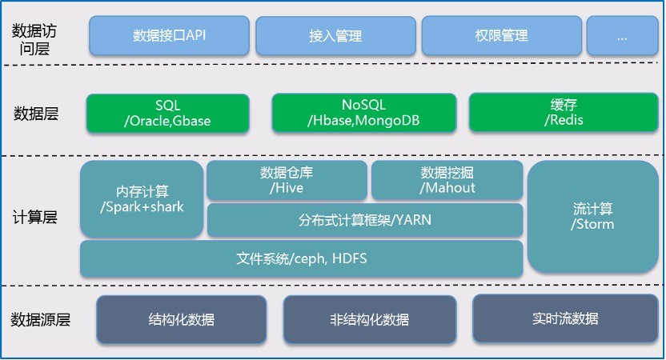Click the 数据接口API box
[x=169, y=35]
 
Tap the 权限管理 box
[x=501, y=35]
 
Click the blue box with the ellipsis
[x=622, y=35]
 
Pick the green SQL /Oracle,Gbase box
[x=167, y=113]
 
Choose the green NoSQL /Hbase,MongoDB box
[x=358, y=113]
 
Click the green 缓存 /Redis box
[x=563, y=113]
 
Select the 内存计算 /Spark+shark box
[x=142, y=198]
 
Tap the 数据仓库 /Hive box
[x=287, y=180]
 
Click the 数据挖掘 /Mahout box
[x=447, y=180]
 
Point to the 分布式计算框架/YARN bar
[x=364, y=219]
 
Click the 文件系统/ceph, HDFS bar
[x=301, y=258]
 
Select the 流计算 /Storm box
[x=592, y=216]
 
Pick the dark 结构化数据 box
[x=182, y=319]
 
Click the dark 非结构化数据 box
[x=369, y=319]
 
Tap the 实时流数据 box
[x=564, y=318]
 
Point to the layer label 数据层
[x=36, y=114]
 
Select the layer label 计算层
[x=36, y=218]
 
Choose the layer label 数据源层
[x=41, y=320]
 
